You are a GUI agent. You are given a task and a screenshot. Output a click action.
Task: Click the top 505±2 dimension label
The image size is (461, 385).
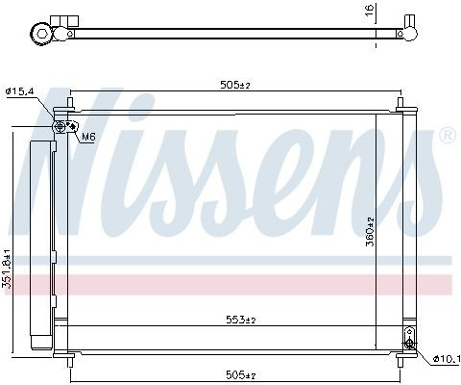point(234,85)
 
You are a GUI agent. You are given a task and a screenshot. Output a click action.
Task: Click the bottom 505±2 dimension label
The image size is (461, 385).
point(241,374)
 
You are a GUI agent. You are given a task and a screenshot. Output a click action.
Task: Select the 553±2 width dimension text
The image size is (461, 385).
point(241,320)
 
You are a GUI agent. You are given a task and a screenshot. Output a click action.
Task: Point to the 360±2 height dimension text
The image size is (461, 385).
point(370,231)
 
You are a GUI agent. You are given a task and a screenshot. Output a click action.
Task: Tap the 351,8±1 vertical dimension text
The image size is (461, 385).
point(7,268)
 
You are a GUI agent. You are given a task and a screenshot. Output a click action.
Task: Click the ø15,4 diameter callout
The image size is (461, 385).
point(19,91)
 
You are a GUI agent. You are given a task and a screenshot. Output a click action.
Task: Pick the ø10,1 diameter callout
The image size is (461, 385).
point(447,359)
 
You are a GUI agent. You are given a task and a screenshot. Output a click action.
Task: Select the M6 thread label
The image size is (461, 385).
point(88,137)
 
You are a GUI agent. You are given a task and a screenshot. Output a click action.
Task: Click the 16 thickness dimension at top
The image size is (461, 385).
point(370,10)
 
